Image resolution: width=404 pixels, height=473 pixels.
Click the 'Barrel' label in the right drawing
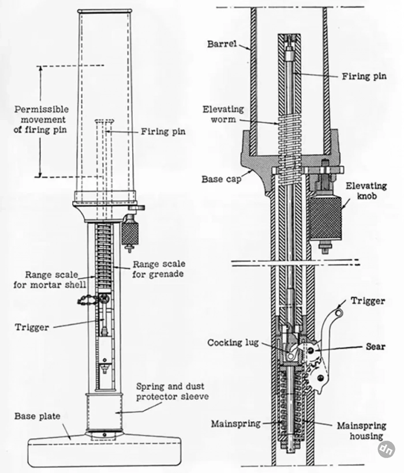coord(221,45)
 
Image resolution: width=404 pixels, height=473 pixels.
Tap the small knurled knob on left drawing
coord(130,233)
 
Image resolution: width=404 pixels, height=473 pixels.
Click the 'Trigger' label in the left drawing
coord(32,327)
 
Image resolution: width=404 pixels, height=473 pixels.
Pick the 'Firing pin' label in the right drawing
coord(364,76)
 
